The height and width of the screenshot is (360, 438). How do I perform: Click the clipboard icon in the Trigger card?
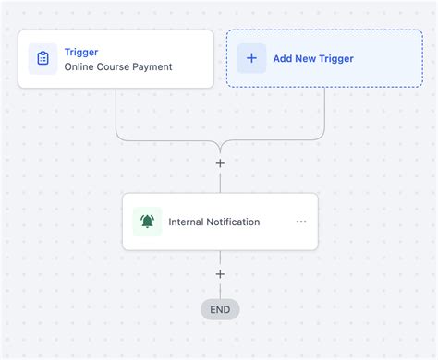click(x=43, y=58)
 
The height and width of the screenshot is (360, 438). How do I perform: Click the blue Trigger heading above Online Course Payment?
click(x=81, y=52)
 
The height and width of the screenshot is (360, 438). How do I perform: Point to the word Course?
click(x=117, y=67)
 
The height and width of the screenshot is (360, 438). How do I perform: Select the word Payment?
click(x=154, y=67)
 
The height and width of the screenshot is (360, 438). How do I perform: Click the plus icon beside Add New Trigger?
click(x=251, y=58)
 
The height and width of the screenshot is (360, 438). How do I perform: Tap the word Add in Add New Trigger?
click(x=283, y=59)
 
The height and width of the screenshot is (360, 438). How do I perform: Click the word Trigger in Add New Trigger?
click(x=337, y=59)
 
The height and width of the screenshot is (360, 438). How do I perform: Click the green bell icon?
click(x=147, y=222)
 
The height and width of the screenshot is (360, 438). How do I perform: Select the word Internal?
click(x=188, y=222)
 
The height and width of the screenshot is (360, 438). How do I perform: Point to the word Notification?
click(x=235, y=222)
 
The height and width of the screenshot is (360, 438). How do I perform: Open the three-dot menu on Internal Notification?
click(x=301, y=222)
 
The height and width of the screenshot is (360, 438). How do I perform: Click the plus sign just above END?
click(x=220, y=274)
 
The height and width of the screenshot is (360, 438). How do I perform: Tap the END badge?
click(x=220, y=309)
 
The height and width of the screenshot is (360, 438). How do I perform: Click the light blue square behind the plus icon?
click(x=241, y=48)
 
